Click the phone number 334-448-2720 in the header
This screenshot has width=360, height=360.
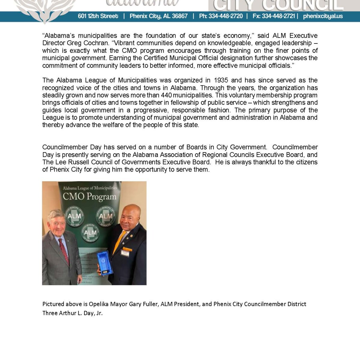click(226, 16)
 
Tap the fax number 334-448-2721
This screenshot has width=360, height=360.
click(278, 16)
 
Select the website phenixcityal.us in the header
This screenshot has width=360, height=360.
click(323, 16)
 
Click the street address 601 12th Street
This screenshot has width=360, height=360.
click(98, 16)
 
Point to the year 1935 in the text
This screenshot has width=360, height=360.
click(221, 80)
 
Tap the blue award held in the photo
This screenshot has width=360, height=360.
click(104, 263)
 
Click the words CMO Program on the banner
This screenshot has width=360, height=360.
click(89, 197)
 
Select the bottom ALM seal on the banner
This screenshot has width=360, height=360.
click(90, 232)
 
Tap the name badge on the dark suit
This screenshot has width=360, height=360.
click(125, 253)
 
